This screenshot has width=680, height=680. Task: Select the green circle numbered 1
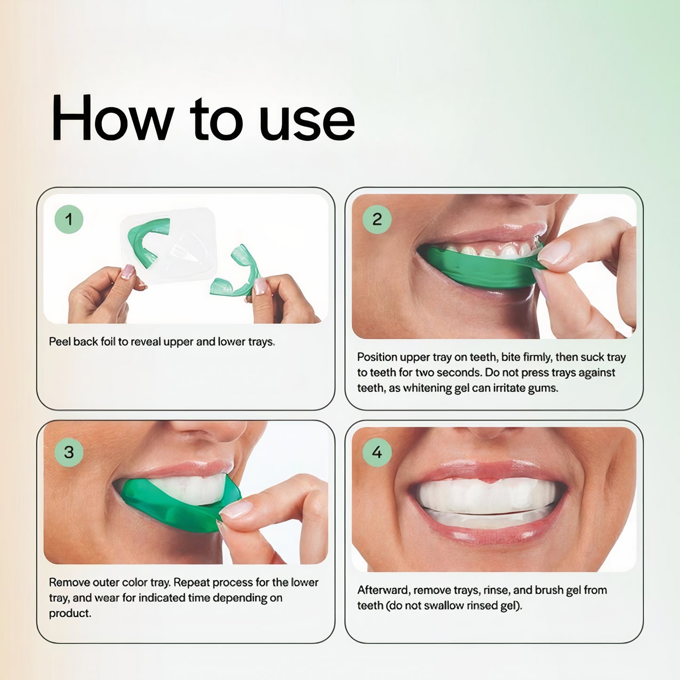[69, 219]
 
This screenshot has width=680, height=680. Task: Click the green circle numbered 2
[377, 219]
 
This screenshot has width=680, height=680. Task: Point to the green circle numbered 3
[69, 452]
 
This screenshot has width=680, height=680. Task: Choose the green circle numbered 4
[377, 452]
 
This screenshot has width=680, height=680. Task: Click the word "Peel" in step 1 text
[60, 342]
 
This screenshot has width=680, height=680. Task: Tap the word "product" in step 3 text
[70, 614]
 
